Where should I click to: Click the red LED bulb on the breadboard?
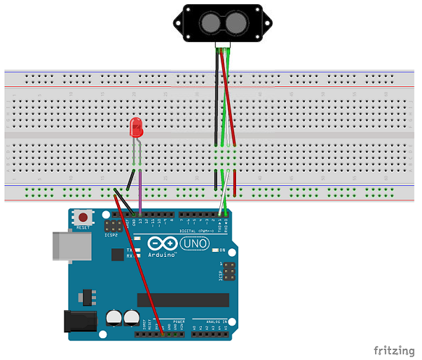pos(137,128)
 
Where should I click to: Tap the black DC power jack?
pos(78,320)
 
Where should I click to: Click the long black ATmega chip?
pos(183,300)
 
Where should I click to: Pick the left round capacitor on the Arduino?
pos(114,319)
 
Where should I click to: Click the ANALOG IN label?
pos(210,321)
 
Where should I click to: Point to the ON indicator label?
pos(224,251)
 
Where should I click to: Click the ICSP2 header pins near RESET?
pos(111,227)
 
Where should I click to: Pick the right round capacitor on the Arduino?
pos(130,319)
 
